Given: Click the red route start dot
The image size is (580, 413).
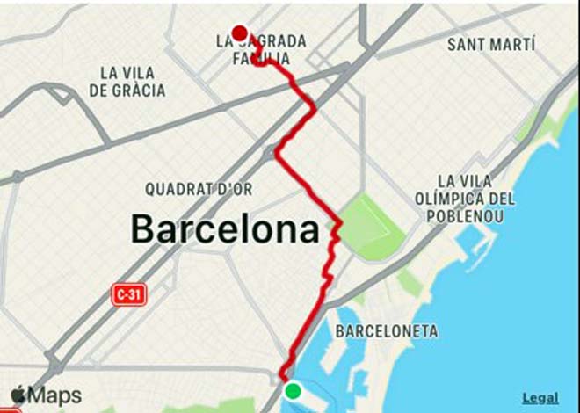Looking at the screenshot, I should pos(239,34).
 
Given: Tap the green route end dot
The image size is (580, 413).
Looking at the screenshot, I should pos(293,391).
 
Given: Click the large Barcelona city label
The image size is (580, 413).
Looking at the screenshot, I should pos(225,229).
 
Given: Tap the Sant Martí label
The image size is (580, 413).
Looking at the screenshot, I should pos(491,44).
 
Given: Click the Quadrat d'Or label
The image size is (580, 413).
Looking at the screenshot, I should pos(199,189).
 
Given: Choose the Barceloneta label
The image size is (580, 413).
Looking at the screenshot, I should pos(387,331).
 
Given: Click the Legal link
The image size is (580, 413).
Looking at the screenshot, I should pos(540,398).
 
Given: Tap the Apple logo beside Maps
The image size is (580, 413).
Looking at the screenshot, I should pos(18,395).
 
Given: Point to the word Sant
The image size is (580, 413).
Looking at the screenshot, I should pos(467,44).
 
